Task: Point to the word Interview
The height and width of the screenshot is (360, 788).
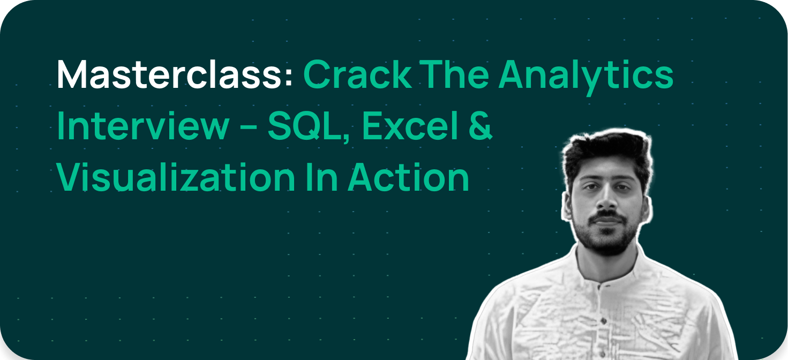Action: (142, 127)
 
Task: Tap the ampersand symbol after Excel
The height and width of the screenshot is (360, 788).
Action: (481, 126)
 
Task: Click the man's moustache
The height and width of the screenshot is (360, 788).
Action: (607, 216)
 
